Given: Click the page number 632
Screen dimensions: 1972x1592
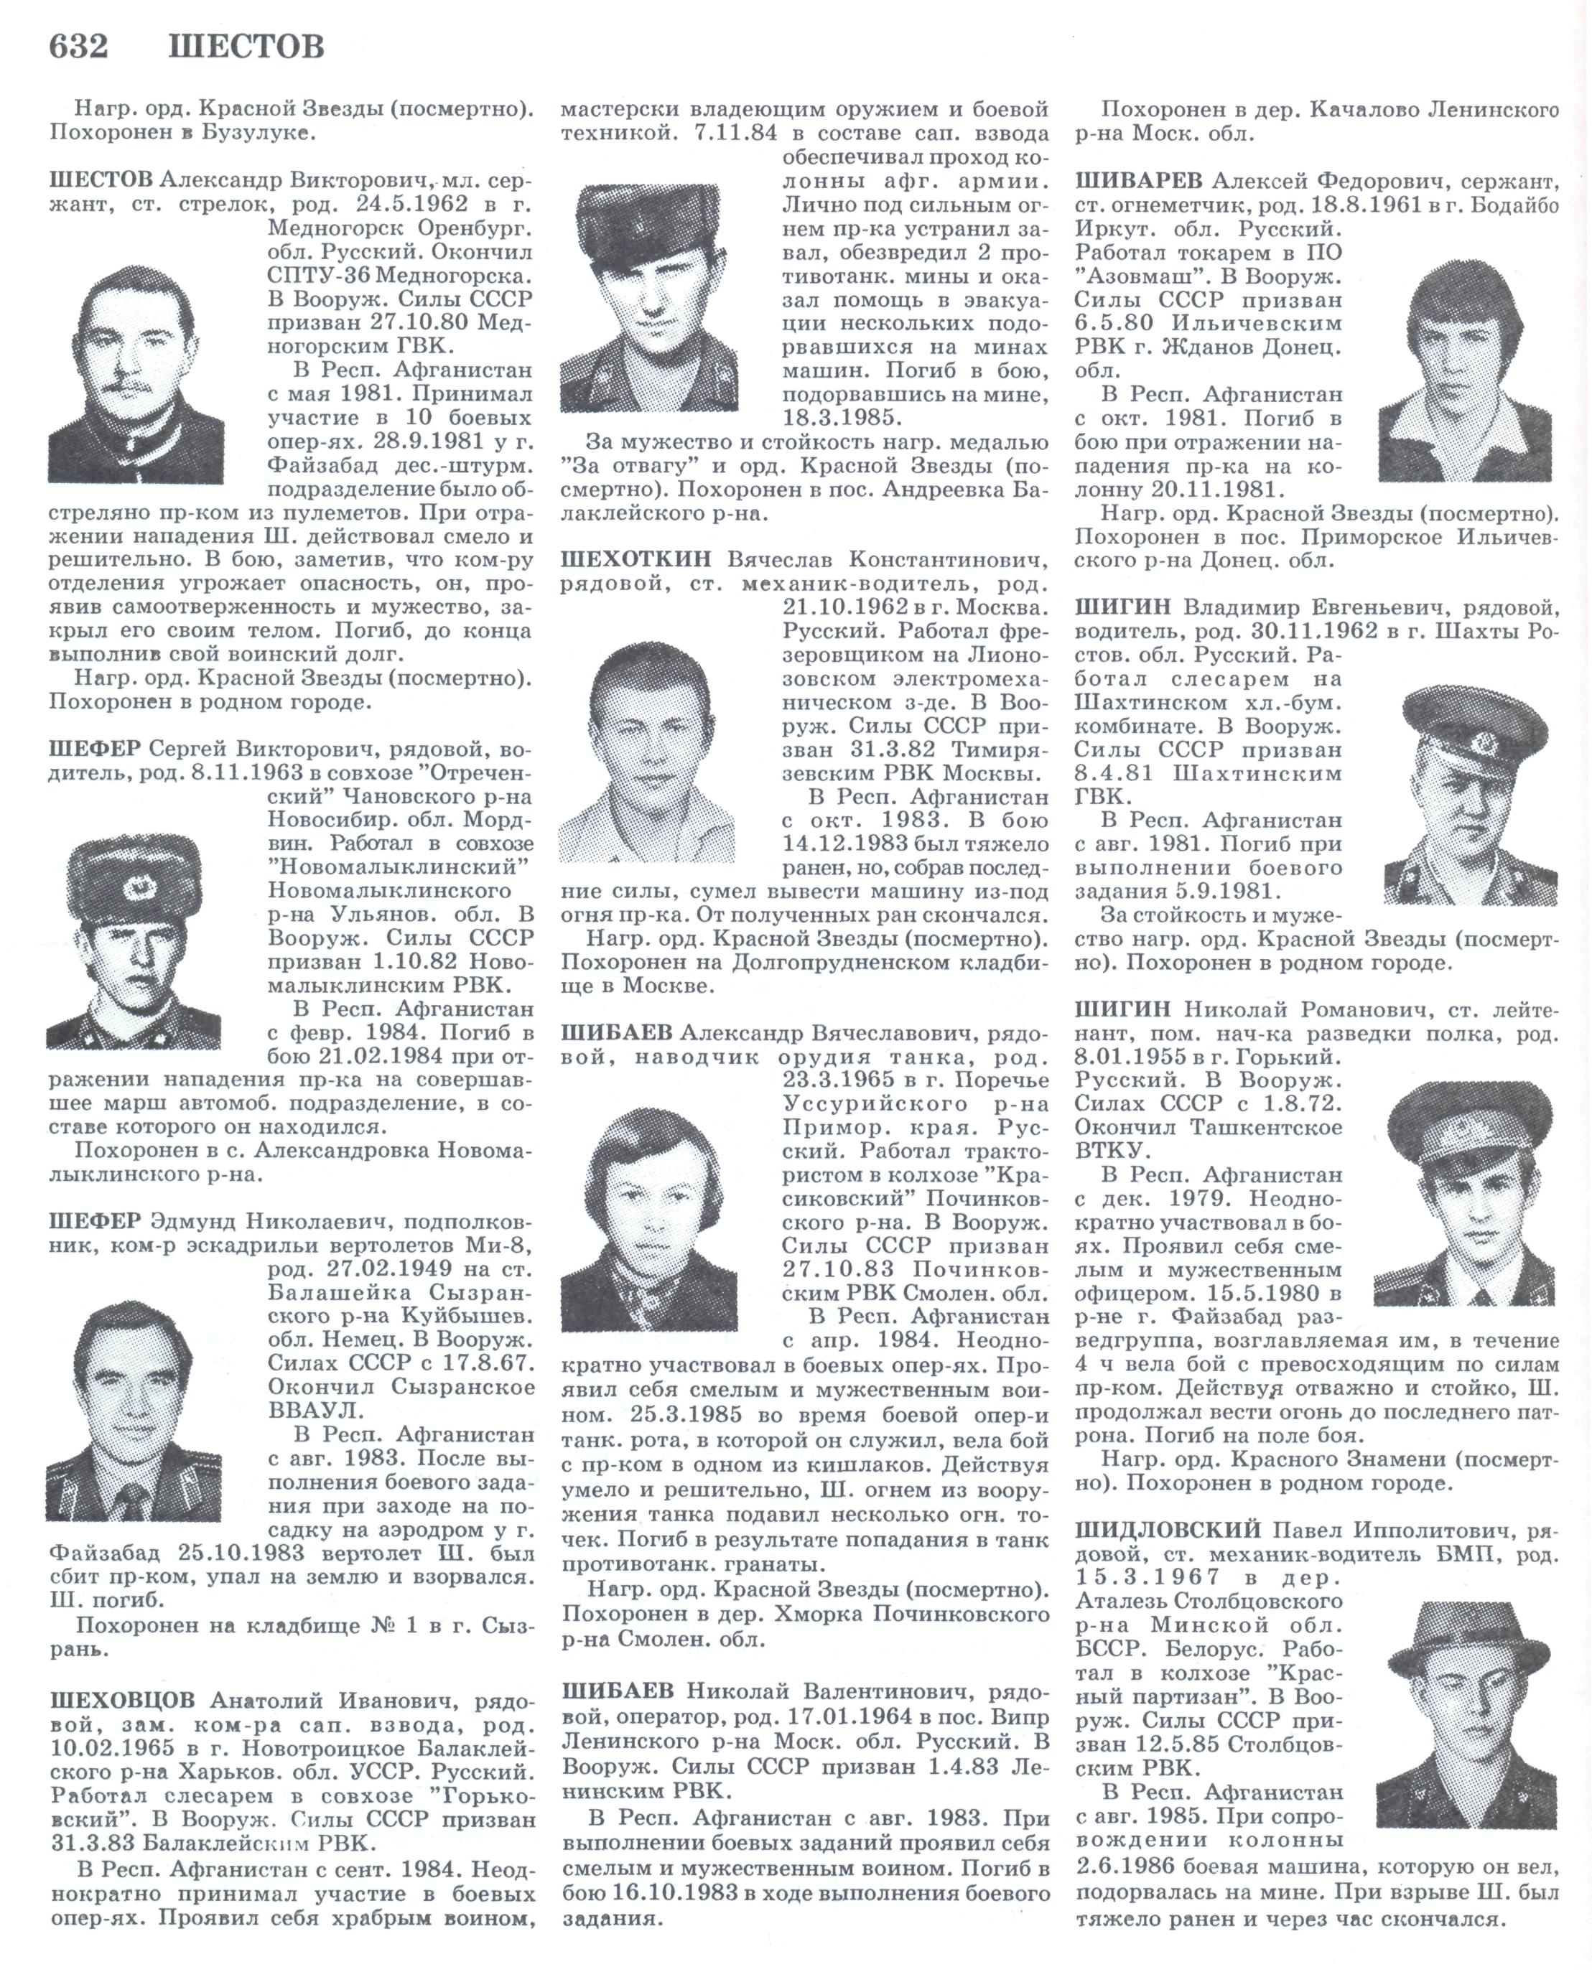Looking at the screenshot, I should (78, 46).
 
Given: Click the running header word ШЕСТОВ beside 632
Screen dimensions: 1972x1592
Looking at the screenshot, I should (246, 46).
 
